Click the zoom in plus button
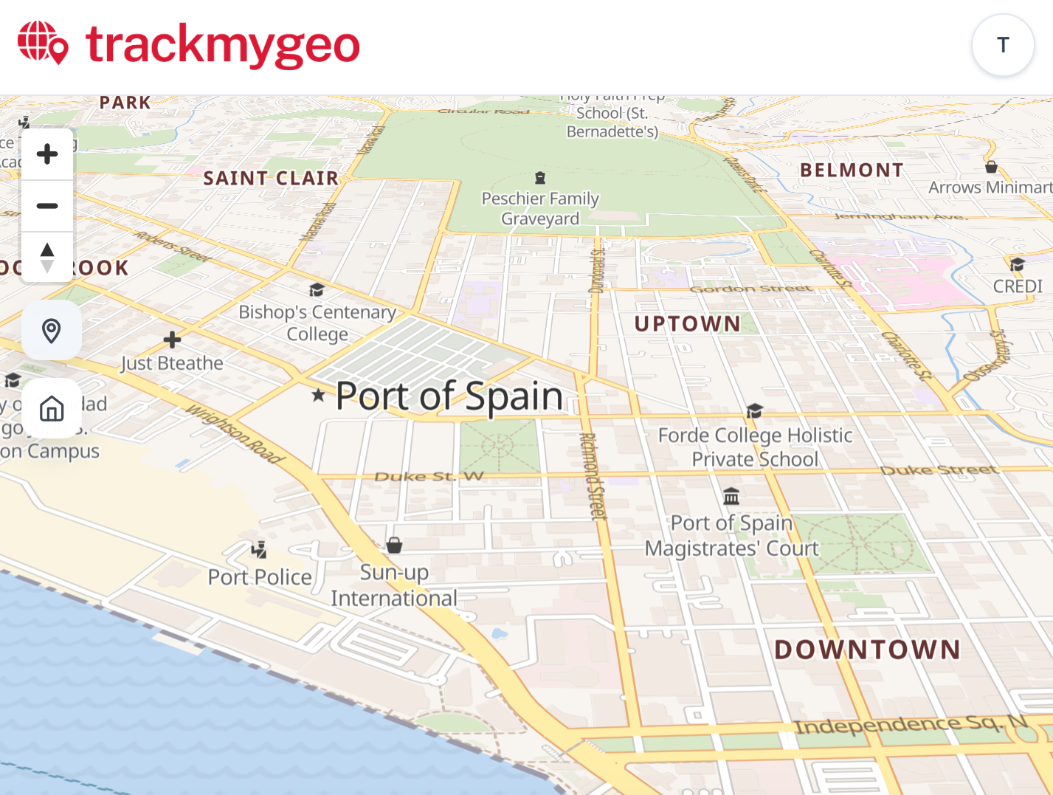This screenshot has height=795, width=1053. coord(47,154)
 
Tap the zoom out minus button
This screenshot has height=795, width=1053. coord(47,206)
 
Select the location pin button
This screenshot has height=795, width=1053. coord(52,331)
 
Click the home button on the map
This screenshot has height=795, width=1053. coord(52,408)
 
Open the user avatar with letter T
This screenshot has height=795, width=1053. coord(1003,45)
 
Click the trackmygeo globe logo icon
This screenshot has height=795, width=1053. coord(43,43)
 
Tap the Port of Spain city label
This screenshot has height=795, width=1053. coord(449,396)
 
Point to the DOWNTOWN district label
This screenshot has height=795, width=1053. coord(868,650)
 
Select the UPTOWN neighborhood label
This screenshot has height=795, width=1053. coord(687,323)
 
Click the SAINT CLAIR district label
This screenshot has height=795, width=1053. coord(271,178)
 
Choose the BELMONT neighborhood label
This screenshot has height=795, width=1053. coord(852,171)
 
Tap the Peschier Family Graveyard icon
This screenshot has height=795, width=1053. coord(540,178)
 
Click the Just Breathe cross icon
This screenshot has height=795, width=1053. coord(172,340)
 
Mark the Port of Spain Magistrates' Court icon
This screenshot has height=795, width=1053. coord(731,496)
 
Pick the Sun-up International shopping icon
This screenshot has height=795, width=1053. coord(395,546)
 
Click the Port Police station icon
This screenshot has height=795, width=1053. coord(258,549)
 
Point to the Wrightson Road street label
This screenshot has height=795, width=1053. coord(235,433)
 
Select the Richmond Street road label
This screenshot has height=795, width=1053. coord(593,476)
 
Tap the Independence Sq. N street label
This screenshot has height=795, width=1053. coord(911,724)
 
